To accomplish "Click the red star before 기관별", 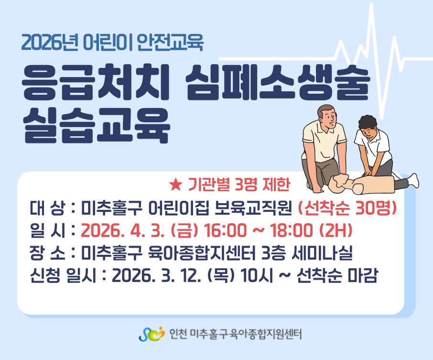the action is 175,185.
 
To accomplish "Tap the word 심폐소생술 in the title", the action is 278,82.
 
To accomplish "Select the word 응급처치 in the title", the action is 95,82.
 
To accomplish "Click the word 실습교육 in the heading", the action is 96,125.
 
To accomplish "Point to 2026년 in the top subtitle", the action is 50,42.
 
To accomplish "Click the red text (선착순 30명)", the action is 347,208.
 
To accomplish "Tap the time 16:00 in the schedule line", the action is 225,230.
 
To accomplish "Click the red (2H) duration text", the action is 336,230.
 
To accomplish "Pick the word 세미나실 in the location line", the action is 322,253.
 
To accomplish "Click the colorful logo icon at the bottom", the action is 152,334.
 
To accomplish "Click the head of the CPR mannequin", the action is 339,183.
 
